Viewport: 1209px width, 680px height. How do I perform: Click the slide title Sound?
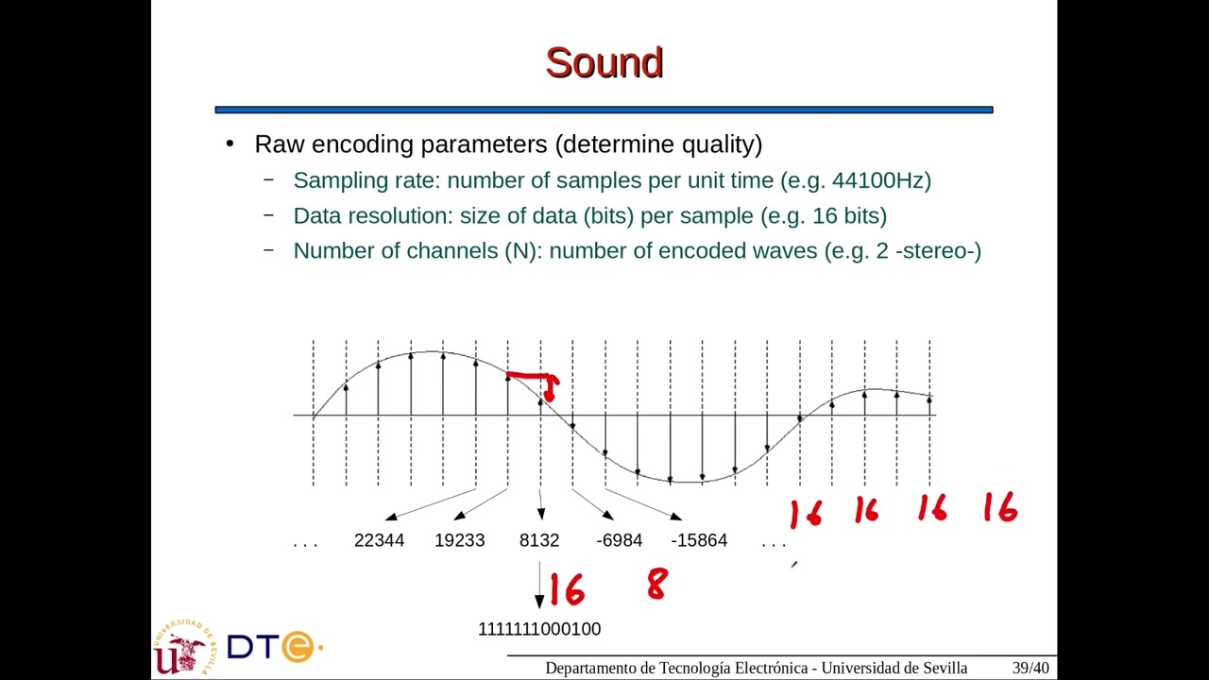coord(604,63)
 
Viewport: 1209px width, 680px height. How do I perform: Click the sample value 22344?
coord(379,540)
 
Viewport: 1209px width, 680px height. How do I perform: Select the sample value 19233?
coord(459,540)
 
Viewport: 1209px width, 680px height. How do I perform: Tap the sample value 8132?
coord(539,540)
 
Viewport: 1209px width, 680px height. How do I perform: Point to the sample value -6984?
coord(620,540)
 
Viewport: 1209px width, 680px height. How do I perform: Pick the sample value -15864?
coord(699,540)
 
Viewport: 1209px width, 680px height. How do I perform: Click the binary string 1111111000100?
coord(539,629)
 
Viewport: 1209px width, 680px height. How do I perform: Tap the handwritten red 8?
coord(656,585)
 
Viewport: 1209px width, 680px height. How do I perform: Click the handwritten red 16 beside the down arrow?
coord(568,590)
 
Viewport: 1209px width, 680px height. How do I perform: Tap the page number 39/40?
coord(1030,668)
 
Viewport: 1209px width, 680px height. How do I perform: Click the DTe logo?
coord(273,647)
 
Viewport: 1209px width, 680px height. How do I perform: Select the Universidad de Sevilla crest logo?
coord(182,647)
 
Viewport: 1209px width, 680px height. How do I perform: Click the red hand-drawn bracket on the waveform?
coord(535,380)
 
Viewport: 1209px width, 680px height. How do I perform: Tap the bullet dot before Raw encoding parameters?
coord(230,144)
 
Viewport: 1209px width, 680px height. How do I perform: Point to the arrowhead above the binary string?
coord(539,602)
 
